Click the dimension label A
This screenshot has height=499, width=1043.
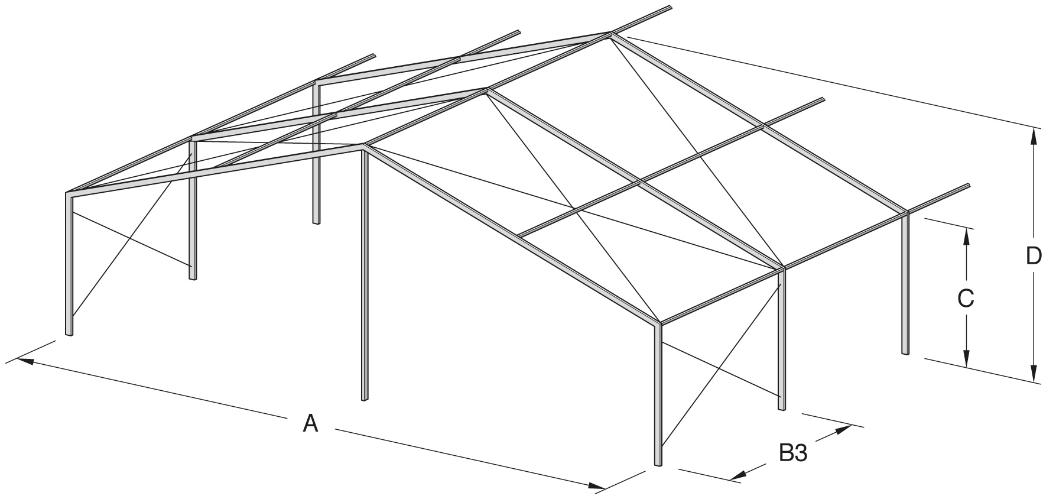[311, 423]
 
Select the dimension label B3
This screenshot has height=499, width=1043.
[793, 454]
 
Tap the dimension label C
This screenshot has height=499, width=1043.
[965, 299]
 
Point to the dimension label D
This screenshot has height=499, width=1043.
[1034, 256]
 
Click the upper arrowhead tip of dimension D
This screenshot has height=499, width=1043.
[1034, 129]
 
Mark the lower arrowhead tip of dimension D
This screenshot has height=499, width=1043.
[1034, 381]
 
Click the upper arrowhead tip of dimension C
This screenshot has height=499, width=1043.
[966, 228]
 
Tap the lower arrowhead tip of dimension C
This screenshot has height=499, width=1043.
[966, 366]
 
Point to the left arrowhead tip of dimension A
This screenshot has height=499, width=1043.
[18, 358]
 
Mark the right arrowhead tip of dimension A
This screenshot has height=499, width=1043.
[605, 488]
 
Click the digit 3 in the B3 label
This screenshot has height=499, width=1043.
[801, 454]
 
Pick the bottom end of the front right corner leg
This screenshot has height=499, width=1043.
[658, 466]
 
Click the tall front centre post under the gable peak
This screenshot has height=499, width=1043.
[365, 274]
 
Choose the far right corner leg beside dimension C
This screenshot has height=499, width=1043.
[905, 283]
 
